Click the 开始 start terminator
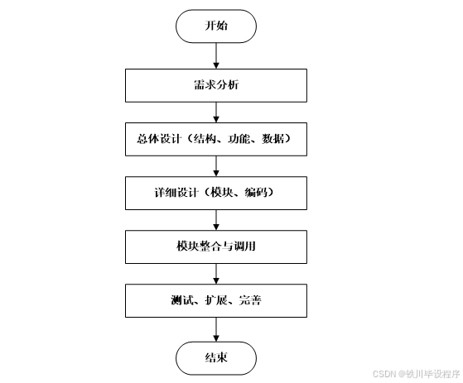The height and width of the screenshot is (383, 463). pyautogui.click(x=216, y=26)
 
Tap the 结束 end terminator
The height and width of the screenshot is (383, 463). pyautogui.click(x=216, y=357)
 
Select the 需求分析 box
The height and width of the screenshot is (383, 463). pyautogui.click(x=216, y=84)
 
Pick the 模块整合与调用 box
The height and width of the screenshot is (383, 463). pyautogui.click(x=216, y=247)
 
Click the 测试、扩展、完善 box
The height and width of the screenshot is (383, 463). pyautogui.click(x=216, y=300)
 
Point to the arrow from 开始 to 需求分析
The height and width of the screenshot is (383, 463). pyautogui.click(x=216, y=55)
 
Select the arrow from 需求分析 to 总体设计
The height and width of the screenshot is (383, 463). pyautogui.click(x=216, y=111)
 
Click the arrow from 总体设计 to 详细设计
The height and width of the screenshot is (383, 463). pyautogui.click(x=216, y=165)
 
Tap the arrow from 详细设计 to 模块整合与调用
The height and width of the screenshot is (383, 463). pyautogui.click(x=216, y=219)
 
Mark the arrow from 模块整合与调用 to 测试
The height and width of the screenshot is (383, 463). pyautogui.click(x=216, y=274)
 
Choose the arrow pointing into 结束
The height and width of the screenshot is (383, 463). pyautogui.click(x=216, y=328)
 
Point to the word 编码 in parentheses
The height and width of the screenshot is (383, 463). pyautogui.click(x=258, y=193)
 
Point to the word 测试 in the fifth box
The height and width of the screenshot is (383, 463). pyautogui.click(x=181, y=300)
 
